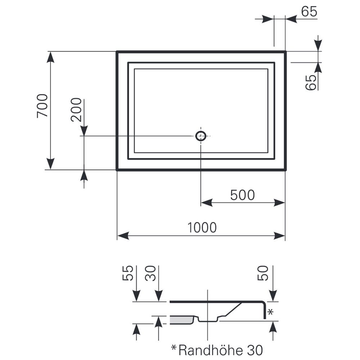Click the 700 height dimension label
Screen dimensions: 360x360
pyautogui.click(x=42, y=106)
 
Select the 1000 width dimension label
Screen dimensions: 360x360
pyautogui.click(x=202, y=228)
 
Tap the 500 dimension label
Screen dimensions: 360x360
pyautogui.click(x=242, y=195)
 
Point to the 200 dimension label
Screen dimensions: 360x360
pyautogui.click(x=76, y=110)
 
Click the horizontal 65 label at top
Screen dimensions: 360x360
pyautogui.click(x=309, y=12)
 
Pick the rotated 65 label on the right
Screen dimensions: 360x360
pyautogui.click(x=311, y=82)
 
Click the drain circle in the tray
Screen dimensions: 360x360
pyautogui.click(x=201, y=136)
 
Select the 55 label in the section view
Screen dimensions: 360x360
pyautogui.click(x=128, y=273)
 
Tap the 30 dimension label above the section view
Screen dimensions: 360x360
pyautogui.click(x=150, y=273)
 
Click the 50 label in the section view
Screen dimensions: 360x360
pyautogui.click(x=263, y=273)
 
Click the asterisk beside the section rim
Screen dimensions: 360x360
pyautogui.click(x=270, y=312)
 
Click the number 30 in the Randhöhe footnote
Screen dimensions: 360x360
pyautogui.click(x=255, y=351)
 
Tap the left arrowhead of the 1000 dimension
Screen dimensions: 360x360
pyautogui.click(x=123, y=236)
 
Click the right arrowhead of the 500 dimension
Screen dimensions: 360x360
pyautogui.click(x=279, y=203)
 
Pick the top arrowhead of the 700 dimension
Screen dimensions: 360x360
pyautogui.click(x=50, y=57)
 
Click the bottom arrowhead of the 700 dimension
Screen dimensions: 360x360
pyautogui.click(x=50, y=164)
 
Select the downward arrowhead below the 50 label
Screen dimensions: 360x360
pyautogui.click(x=273, y=296)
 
